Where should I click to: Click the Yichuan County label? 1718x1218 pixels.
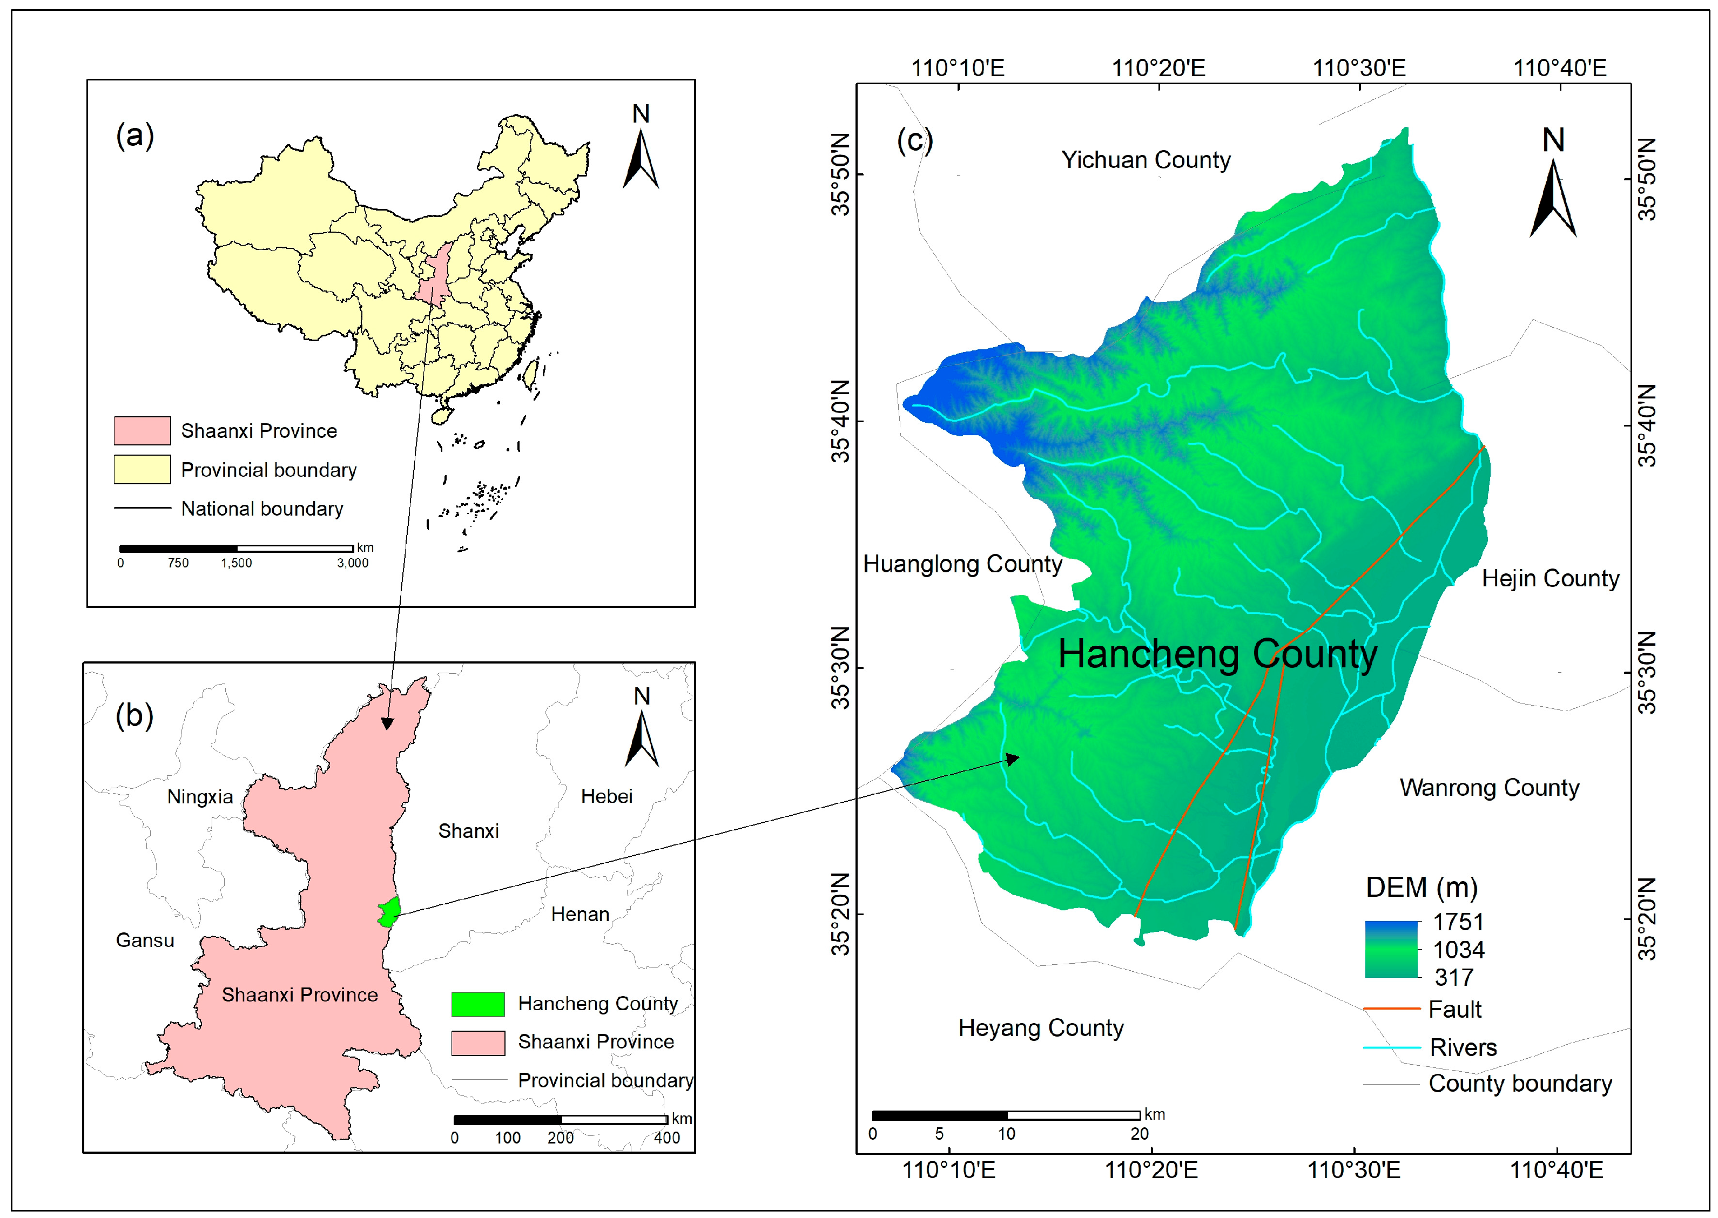pyautogui.click(x=1145, y=160)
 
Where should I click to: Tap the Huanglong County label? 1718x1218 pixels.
pyautogui.click(x=962, y=564)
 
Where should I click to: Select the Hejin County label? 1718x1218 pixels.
pyautogui.click(x=1550, y=578)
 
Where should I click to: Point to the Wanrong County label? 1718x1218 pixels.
pyautogui.click(x=1489, y=788)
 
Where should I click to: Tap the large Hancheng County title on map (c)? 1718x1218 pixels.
pyautogui.click(x=1217, y=654)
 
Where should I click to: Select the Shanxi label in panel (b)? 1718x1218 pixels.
pyautogui.click(x=468, y=831)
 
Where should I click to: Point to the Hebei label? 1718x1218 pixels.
pyautogui.click(x=606, y=796)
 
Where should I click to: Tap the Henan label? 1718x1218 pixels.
pyautogui.click(x=580, y=914)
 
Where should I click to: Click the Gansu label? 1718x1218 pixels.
pyautogui.click(x=145, y=940)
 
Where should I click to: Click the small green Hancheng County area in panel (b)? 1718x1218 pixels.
pyautogui.click(x=389, y=912)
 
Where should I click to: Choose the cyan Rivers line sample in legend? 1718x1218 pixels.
pyautogui.click(x=1392, y=1047)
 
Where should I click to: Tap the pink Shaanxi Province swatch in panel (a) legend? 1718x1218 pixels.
pyautogui.click(x=142, y=430)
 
